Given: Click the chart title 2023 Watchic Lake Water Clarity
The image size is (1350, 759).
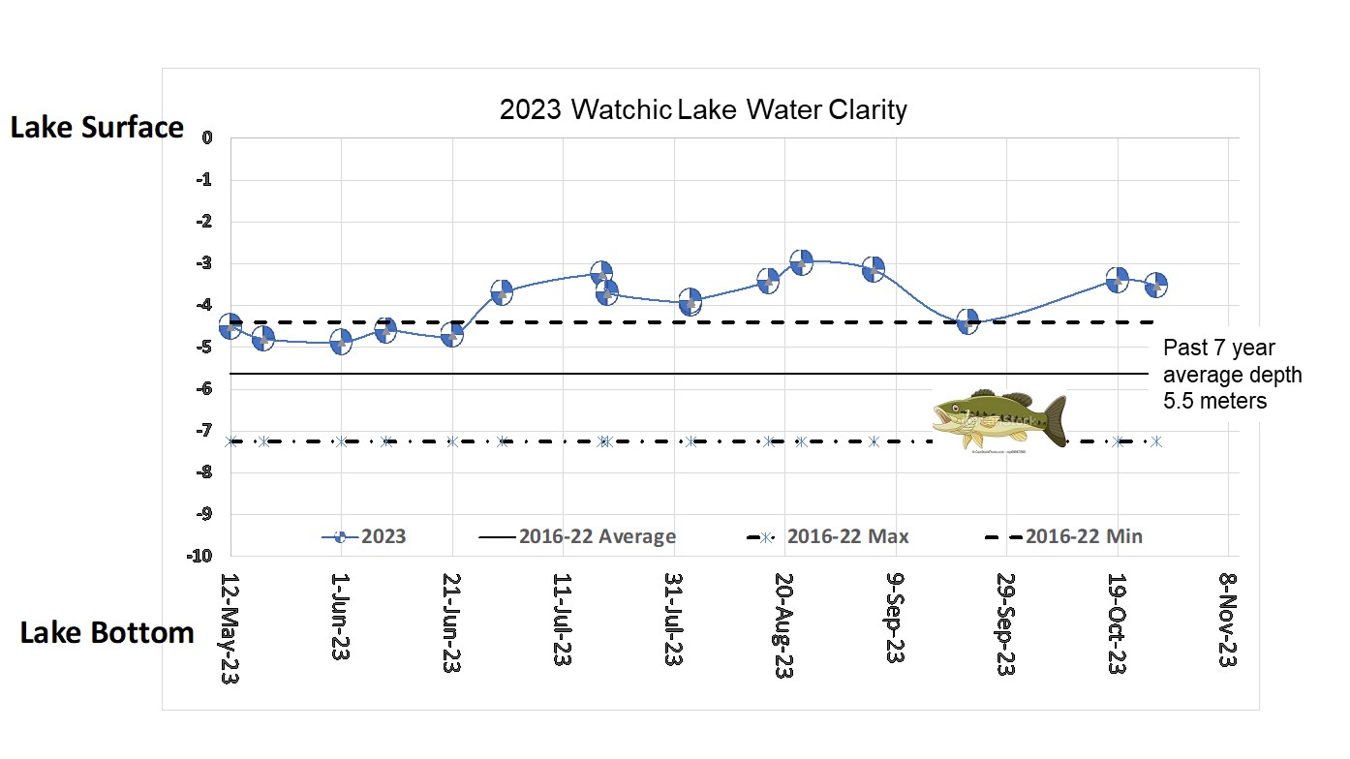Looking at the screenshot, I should coord(703,109).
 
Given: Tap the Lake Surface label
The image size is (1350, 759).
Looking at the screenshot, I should coord(97,128).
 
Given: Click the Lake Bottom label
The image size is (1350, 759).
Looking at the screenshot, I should coord(107,633).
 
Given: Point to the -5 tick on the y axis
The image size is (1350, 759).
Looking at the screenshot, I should coord(206,347).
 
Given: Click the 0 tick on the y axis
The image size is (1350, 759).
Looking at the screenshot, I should coord(207,137).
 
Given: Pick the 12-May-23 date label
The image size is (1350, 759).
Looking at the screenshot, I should coord(230,629).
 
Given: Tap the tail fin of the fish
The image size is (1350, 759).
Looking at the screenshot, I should coord(1053,420).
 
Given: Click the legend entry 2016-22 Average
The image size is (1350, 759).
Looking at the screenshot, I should coord(577,536).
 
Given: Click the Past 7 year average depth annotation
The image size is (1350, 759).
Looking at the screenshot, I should coord(1232,374).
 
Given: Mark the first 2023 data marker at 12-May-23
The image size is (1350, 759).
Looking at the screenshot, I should coord(230,326).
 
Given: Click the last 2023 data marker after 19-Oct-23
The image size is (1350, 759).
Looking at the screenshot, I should coord(1155,285).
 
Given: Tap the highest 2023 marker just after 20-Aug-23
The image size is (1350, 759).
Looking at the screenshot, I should coord(801,261).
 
